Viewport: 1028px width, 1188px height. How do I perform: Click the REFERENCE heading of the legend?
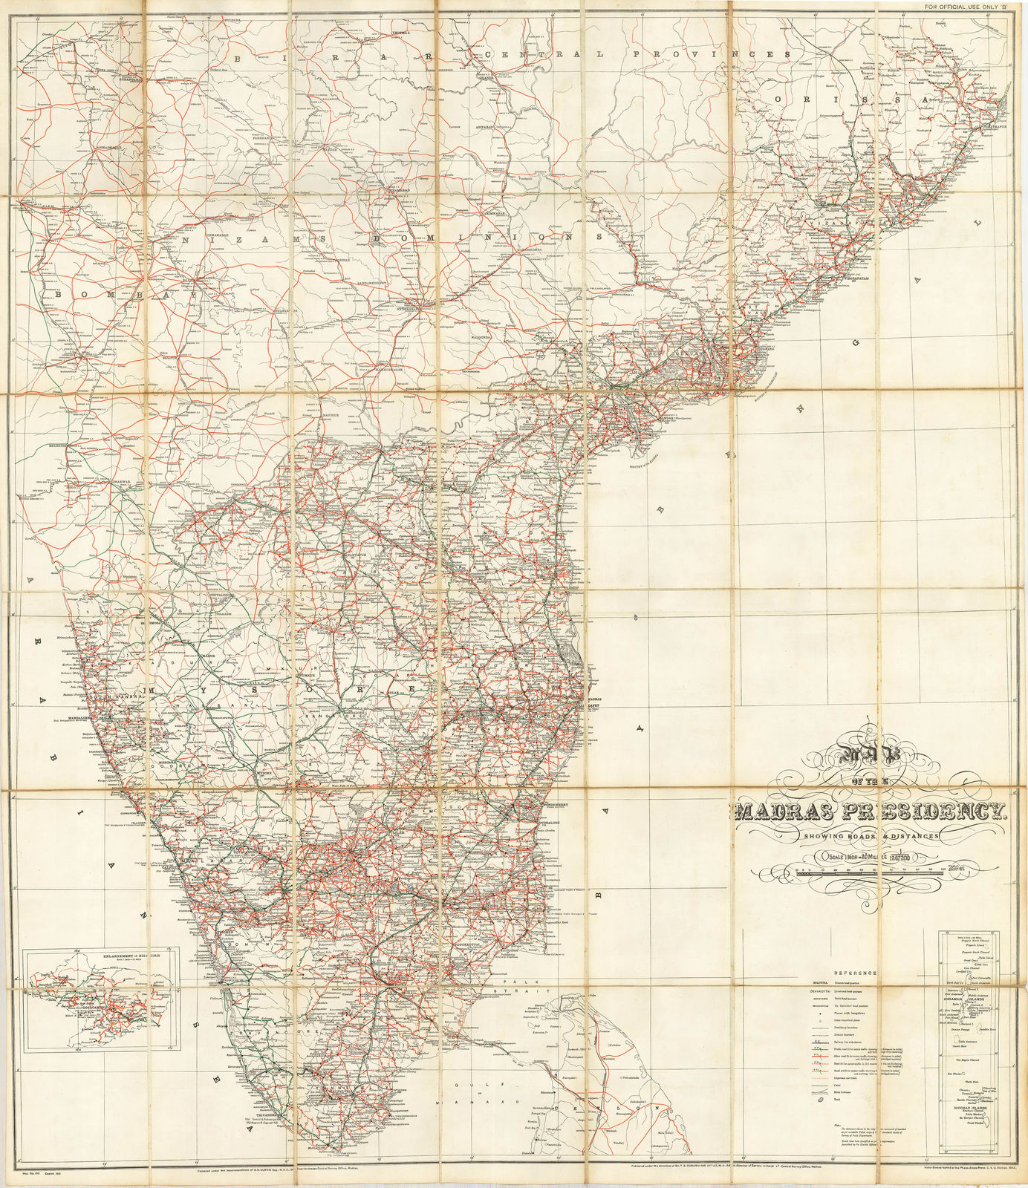click(x=855, y=973)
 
